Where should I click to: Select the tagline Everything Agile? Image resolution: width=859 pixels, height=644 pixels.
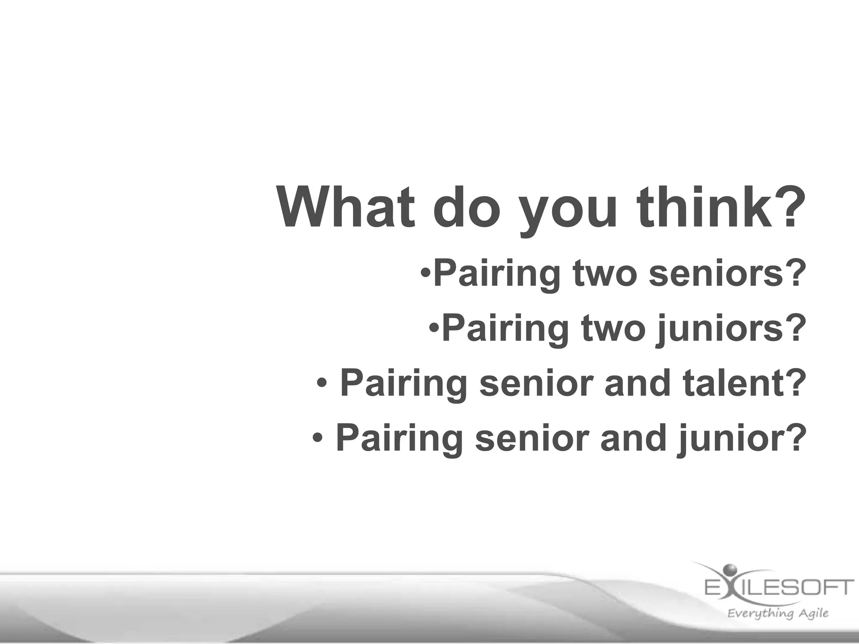[x=778, y=613]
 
